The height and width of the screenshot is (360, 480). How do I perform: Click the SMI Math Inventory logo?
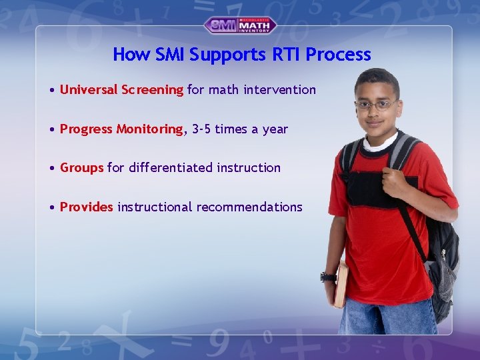240,25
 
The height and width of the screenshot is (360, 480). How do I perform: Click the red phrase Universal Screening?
121,89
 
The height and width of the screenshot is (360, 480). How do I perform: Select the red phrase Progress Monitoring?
121,129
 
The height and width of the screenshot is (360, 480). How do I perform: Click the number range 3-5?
201,129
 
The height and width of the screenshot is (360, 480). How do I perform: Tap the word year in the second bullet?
275,129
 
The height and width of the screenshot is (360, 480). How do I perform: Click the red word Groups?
81,168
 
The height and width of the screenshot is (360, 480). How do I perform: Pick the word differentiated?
170,168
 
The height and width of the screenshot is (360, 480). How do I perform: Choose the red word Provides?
86,207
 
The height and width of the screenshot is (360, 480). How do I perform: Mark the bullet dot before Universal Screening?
52,90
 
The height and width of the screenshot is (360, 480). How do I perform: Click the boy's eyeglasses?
377,105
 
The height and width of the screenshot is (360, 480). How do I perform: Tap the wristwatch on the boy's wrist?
327,276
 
